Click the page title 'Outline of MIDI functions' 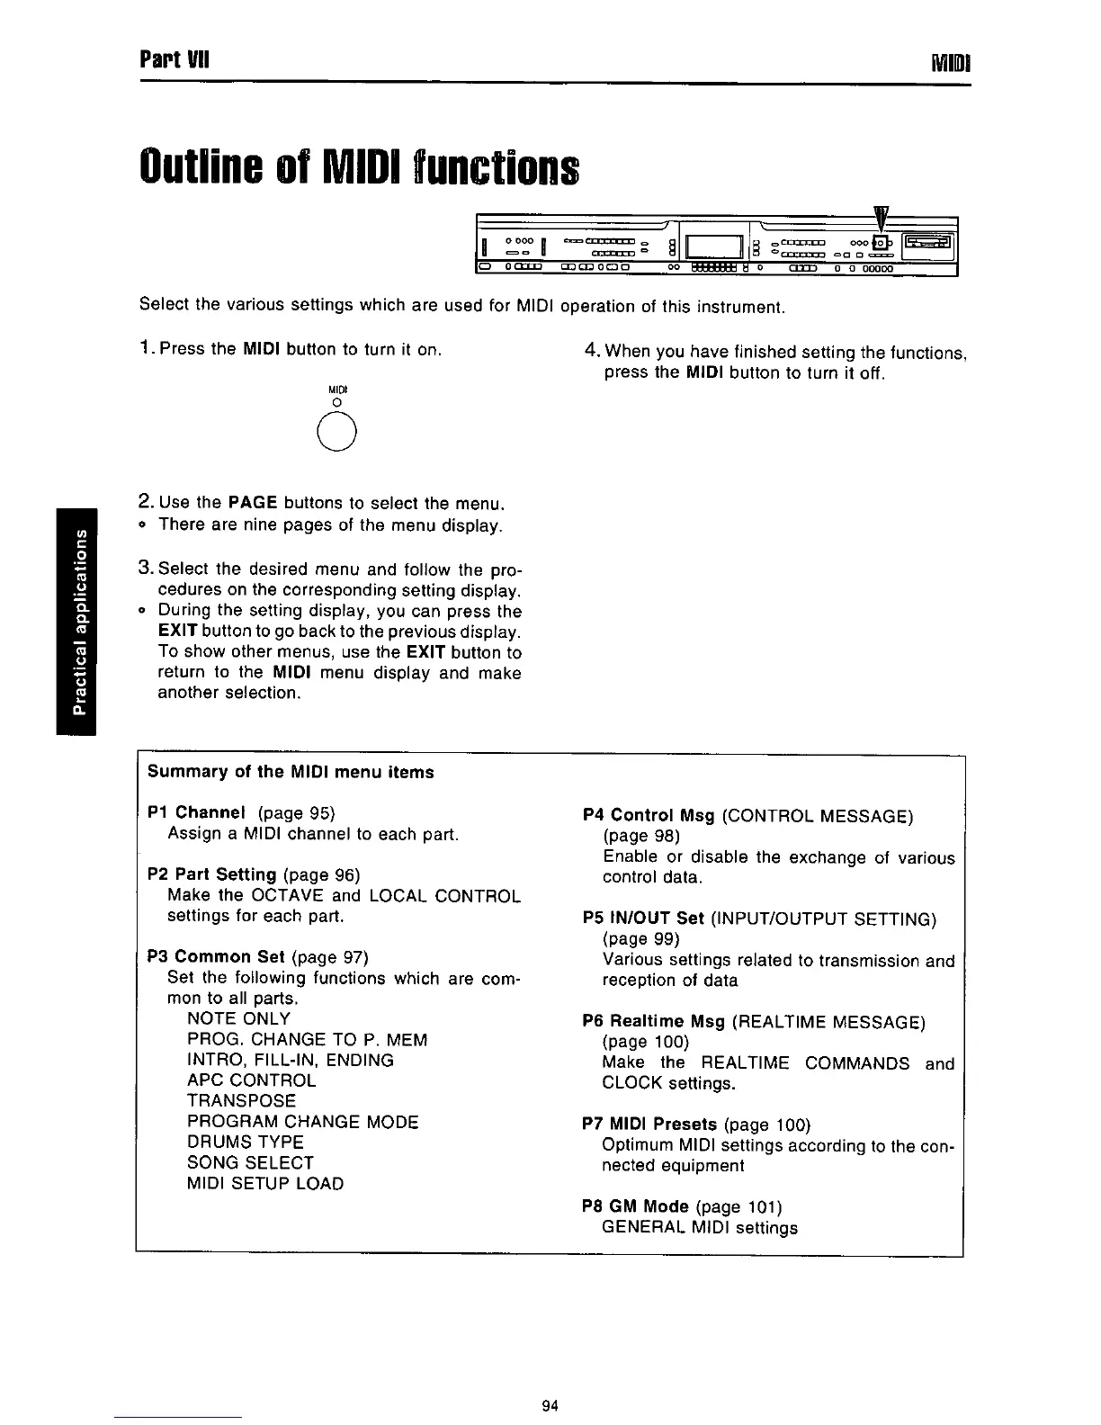coord(359,166)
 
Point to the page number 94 coord(551,1405)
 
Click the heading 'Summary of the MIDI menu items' coord(290,772)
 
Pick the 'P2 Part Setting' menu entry coord(211,874)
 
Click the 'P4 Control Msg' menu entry coord(649,816)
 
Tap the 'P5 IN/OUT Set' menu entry coord(643,919)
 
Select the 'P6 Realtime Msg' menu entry coord(654,1022)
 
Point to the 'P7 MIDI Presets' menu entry coord(649,1125)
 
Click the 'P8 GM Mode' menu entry coord(636,1206)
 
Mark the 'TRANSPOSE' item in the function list coord(241,1100)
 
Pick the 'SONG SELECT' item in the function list coord(250,1162)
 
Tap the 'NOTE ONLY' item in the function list coord(238,1018)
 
